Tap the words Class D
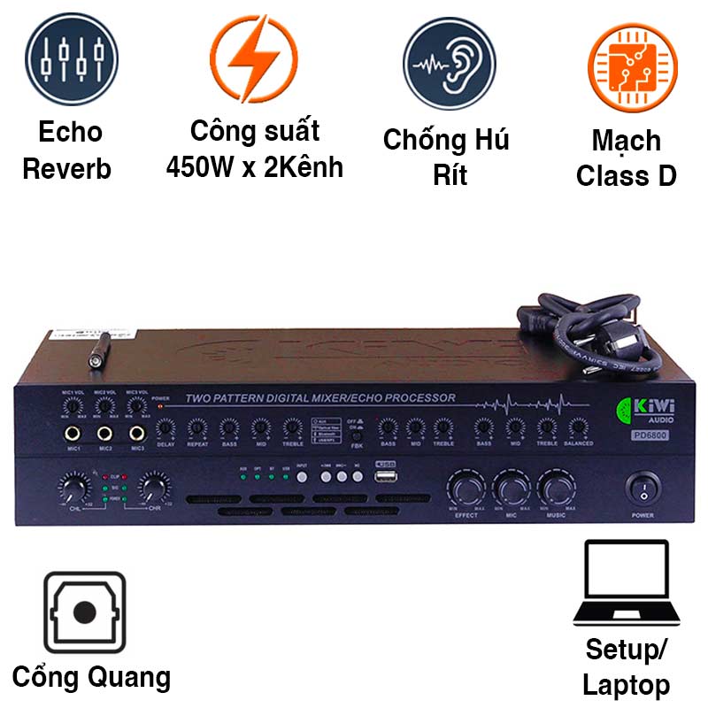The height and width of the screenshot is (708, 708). pos(626,175)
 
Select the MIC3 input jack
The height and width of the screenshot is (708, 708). pos(136,435)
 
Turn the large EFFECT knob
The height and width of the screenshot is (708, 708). pos(466,489)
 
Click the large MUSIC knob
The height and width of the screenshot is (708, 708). pos(556,489)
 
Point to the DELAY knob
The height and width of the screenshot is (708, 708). pos(165,427)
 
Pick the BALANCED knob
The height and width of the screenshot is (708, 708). pos(577,427)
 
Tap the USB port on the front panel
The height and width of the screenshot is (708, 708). pos(385,479)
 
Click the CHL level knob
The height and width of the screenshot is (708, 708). pos(70,486)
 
